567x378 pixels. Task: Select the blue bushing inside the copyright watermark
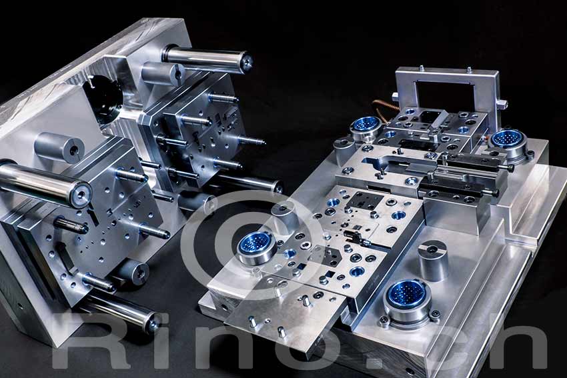tap(256, 244)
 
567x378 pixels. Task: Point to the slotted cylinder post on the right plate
tap(432, 259)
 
